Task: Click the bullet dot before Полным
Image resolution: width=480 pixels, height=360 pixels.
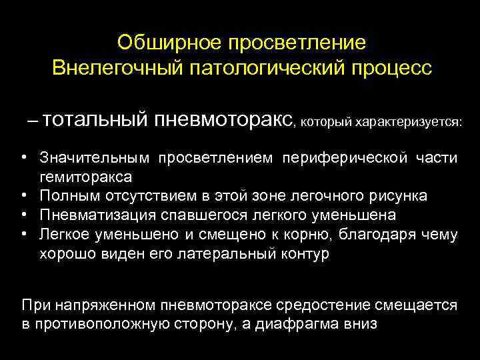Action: pyautogui.click(x=23, y=197)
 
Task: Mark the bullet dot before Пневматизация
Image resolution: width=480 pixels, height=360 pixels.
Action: pyautogui.click(x=23, y=216)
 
